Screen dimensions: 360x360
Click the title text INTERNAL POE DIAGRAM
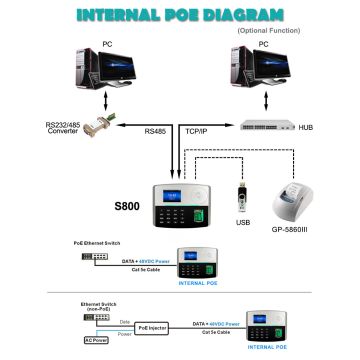pos(179,15)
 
